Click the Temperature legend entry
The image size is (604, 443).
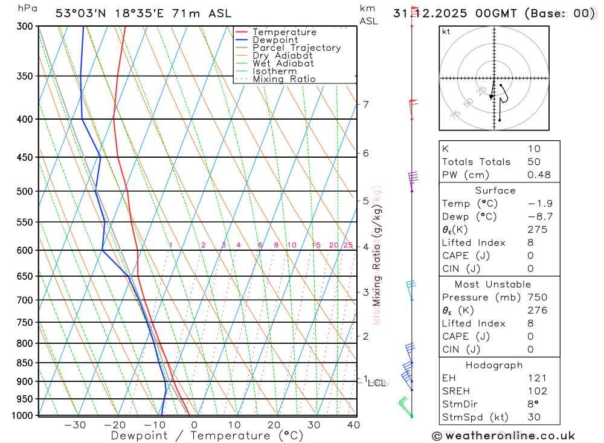point(284,32)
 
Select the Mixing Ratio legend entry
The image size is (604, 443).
point(284,79)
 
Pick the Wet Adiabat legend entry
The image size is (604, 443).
point(283,63)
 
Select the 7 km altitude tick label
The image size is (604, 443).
point(365,105)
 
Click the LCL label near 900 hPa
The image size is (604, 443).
point(378,383)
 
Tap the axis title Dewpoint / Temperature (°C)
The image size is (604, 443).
point(207,436)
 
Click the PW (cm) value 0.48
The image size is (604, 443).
point(539,175)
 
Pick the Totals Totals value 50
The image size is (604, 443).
point(534,161)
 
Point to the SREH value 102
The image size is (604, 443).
point(537,391)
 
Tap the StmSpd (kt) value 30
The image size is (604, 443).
point(534,417)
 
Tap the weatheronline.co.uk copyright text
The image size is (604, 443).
point(504,436)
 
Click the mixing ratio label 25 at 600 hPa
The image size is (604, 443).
point(348,245)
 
